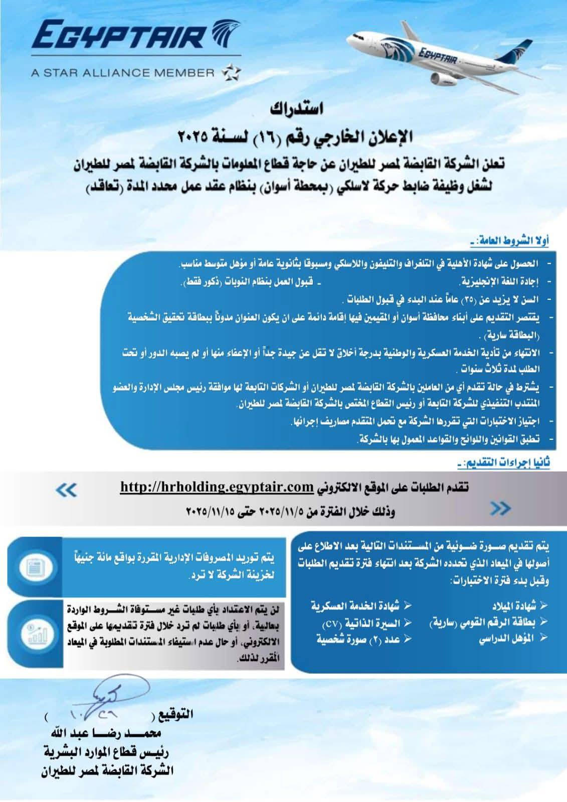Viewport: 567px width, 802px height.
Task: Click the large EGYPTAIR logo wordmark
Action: (120, 37)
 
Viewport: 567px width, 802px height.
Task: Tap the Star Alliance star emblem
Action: (231, 72)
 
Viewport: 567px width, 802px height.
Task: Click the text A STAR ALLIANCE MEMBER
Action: (122, 73)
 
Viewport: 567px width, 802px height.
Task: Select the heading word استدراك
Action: (297, 108)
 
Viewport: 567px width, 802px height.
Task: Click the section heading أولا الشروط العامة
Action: (510, 241)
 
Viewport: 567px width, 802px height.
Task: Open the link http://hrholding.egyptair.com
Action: (210, 487)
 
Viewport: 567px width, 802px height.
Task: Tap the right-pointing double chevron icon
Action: (500, 509)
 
